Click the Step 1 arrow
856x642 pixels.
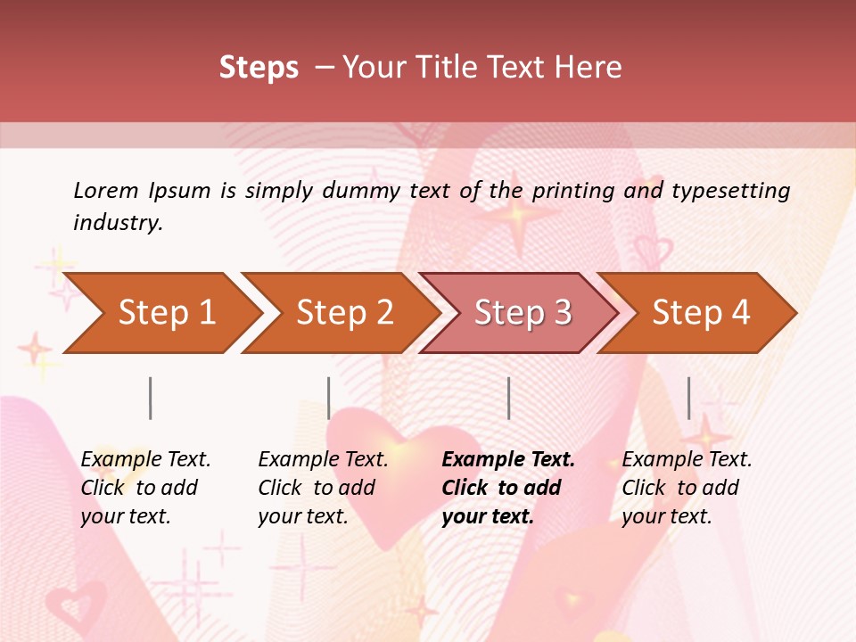coord(166,313)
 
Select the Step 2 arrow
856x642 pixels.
coord(344,313)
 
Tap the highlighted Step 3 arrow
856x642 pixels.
coord(523,313)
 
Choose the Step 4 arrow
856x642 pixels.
coord(701,313)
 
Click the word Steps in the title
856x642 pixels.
coord(259,68)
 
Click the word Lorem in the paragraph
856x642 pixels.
coord(106,190)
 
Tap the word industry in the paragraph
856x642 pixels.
coord(117,223)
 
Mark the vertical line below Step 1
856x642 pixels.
coord(151,398)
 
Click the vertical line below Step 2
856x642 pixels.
coord(329,398)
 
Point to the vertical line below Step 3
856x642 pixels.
coord(508,398)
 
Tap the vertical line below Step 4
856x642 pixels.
coord(688,398)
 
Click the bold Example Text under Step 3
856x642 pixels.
coord(508,460)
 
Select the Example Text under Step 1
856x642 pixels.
coord(145,460)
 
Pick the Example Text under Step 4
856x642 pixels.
coord(687,460)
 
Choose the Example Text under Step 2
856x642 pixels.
coord(323,460)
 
